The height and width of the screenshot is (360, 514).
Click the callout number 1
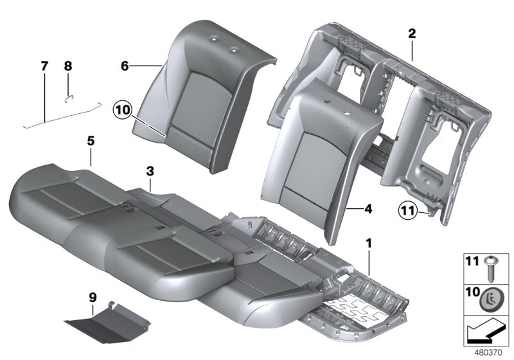(x=368, y=244)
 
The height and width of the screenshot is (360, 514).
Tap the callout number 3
(x=149, y=171)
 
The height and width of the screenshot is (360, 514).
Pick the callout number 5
(x=91, y=156)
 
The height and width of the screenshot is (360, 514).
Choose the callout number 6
(x=126, y=66)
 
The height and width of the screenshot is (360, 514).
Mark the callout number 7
(x=44, y=66)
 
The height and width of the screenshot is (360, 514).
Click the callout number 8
(x=68, y=66)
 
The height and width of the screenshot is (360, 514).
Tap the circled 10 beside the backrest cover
(x=123, y=109)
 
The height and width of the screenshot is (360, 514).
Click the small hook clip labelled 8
(x=71, y=97)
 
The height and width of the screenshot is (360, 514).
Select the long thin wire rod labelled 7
(x=61, y=114)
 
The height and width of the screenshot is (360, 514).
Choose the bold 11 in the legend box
(x=472, y=262)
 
